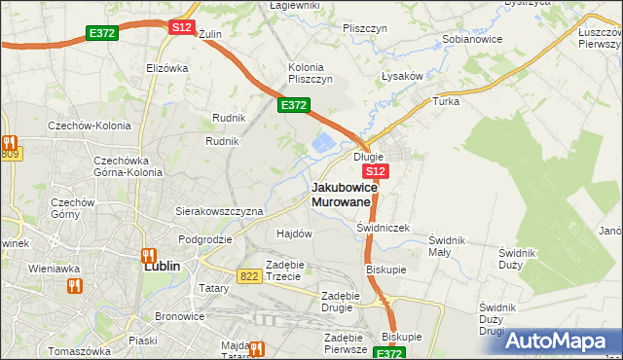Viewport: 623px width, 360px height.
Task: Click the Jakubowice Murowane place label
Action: point(342,194)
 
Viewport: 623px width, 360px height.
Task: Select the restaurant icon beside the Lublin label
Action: point(150,257)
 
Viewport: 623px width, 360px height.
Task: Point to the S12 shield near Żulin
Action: point(182,27)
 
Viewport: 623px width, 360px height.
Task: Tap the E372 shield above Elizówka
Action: point(101,33)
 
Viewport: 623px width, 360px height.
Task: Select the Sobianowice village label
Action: point(471,40)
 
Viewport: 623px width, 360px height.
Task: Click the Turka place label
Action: point(446,101)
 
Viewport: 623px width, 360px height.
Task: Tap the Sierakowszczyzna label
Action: point(219,210)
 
